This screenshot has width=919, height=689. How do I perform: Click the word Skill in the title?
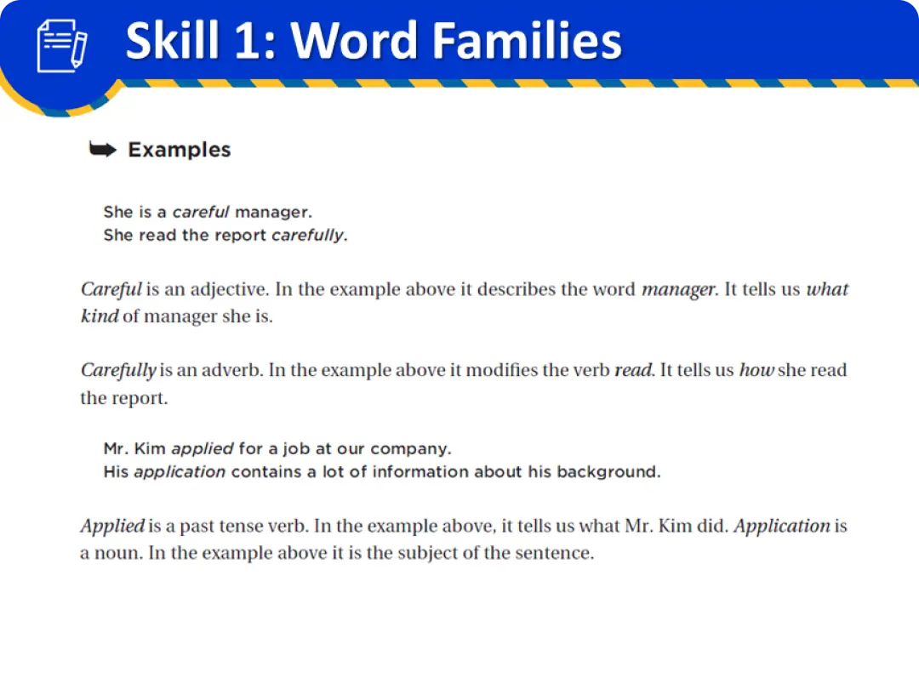[173, 41]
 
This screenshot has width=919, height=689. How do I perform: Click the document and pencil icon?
[62, 46]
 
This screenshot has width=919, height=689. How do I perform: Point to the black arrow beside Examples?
[103, 150]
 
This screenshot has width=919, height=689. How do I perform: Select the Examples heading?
[180, 150]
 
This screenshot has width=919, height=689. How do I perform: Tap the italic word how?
[756, 370]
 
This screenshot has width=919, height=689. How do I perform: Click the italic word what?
[827, 289]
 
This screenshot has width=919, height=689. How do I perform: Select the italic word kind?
[100, 316]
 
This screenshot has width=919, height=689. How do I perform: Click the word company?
[411, 449]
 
